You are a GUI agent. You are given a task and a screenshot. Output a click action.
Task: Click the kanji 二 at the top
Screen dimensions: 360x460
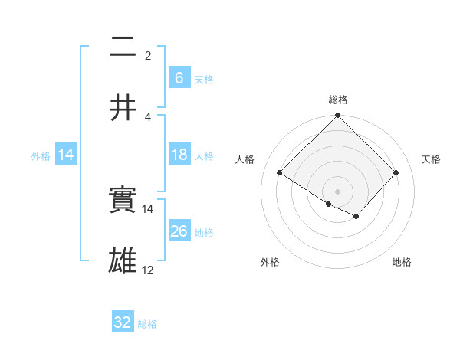click(123, 47)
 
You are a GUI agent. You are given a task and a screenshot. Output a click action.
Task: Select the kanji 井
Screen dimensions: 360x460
click(123, 108)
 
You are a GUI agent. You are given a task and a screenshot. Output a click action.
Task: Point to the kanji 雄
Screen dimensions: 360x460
click(123, 261)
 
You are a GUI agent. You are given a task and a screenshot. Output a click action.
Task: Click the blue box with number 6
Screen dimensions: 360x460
click(179, 77)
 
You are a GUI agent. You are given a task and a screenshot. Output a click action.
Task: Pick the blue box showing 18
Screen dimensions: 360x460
click(179, 155)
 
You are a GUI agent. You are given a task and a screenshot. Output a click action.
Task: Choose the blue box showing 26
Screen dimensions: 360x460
click(179, 231)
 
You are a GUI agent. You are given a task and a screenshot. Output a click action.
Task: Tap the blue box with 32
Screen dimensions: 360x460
click(123, 322)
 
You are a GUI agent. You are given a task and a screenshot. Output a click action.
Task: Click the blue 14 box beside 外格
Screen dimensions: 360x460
click(66, 155)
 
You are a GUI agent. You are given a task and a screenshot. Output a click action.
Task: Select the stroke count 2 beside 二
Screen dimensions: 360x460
click(148, 55)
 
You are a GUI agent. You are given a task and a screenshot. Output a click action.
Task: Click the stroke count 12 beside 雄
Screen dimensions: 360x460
click(148, 270)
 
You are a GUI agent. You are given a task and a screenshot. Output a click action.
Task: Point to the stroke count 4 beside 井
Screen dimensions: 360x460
click(148, 116)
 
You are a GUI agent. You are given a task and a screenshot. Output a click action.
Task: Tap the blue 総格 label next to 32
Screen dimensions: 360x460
click(147, 324)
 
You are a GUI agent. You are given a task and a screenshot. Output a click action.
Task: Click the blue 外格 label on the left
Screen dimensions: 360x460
click(41, 155)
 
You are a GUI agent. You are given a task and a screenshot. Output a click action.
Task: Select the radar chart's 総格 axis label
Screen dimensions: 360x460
click(338, 100)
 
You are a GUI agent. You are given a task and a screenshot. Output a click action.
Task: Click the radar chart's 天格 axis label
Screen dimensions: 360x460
click(432, 159)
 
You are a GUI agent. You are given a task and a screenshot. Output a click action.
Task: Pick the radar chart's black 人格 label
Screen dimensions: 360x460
click(245, 159)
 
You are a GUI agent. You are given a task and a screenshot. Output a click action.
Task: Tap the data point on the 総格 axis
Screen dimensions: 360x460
click(338, 116)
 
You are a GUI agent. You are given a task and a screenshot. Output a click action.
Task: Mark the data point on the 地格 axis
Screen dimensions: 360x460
click(356, 216)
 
